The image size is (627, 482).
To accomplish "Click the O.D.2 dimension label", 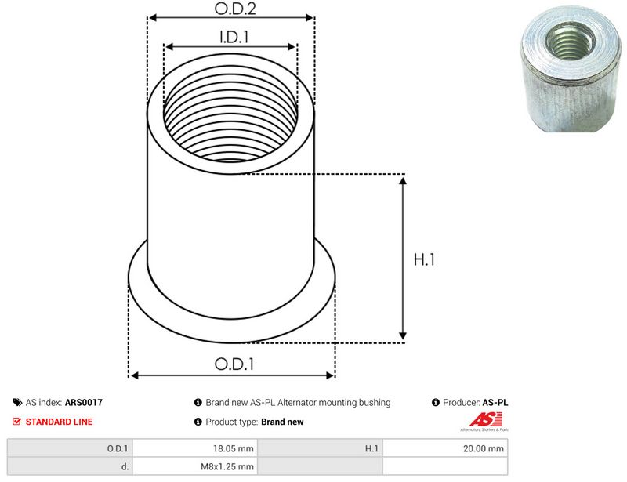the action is (x=234, y=9).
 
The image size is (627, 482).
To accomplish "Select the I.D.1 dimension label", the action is (x=234, y=37).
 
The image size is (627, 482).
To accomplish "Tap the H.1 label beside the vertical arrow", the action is (x=424, y=259).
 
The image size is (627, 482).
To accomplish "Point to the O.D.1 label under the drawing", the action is (x=234, y=364).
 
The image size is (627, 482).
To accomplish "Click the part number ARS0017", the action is (x=84, y=402).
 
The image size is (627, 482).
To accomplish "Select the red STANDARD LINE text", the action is (x=60, y=422).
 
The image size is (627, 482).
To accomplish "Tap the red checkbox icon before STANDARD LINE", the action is (x=16, y=421).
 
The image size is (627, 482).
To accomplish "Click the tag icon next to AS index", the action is (x=17, y=402).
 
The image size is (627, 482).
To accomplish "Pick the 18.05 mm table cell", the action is (x=194, y=448).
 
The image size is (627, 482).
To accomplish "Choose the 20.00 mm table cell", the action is (x=445, y=448).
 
